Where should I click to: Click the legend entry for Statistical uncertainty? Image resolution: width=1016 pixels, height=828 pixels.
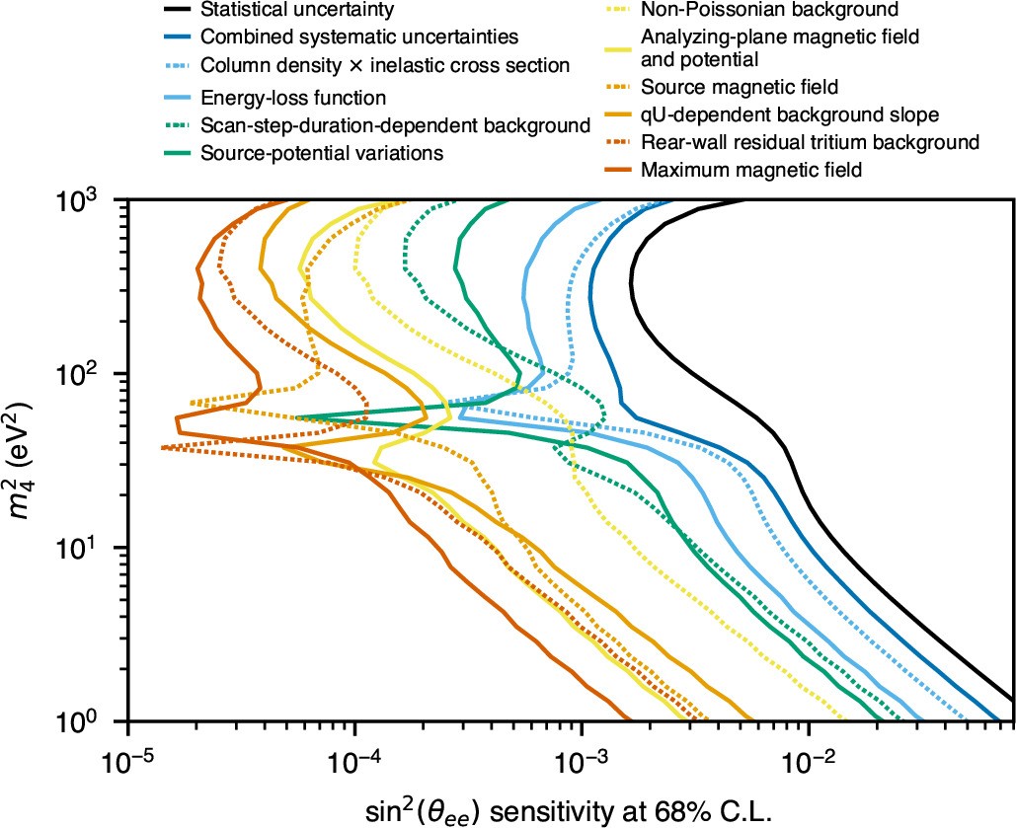[296, 11]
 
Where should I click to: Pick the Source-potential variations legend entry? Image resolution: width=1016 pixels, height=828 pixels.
[322, 152]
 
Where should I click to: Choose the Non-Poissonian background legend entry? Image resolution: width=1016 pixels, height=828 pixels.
[770, 11]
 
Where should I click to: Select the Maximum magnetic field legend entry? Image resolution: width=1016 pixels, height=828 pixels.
[751, 170]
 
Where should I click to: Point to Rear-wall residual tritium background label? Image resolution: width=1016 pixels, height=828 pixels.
[810, 142]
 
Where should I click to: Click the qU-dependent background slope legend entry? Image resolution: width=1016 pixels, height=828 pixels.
[789, 114]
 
